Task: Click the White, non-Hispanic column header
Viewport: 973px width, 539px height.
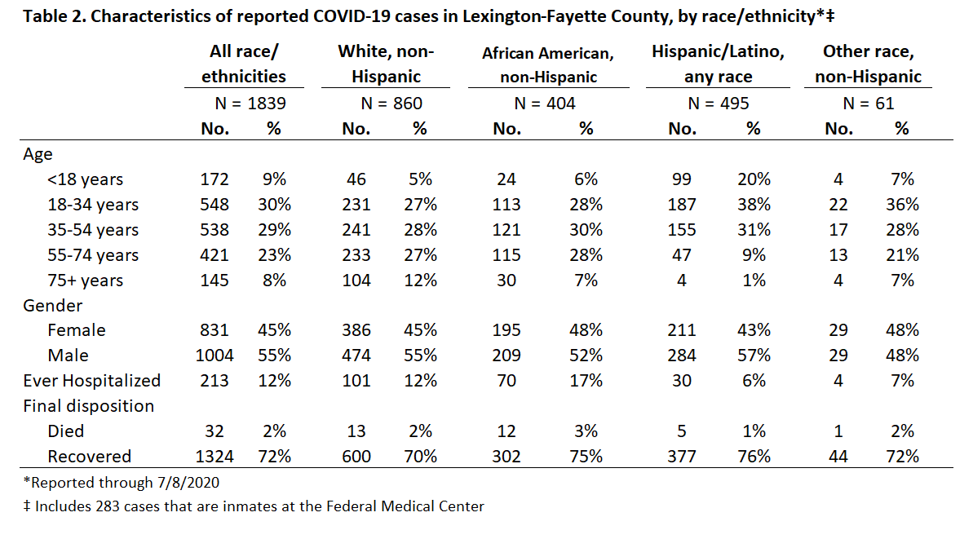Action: [385, 64]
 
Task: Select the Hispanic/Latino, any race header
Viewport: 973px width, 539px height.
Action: [718, 64]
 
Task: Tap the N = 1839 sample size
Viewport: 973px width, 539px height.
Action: [250, 103]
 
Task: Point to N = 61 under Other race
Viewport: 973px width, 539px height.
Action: [868, 103]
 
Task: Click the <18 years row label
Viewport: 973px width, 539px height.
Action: [85, 179]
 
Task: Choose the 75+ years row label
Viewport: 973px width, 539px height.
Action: [85, 281]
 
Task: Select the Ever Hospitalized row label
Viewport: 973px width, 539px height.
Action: [92, 380]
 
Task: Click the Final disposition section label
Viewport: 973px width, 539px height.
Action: [89, 405]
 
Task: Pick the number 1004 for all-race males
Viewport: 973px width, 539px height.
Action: [215, 356]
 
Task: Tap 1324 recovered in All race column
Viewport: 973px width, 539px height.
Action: [215, 457]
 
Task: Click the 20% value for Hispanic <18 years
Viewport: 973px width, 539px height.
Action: [754, 179]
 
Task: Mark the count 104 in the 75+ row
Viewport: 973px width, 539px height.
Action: [356, 281]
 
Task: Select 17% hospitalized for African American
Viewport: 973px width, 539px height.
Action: [586, 380]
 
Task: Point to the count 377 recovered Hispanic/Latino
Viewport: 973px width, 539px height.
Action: [681, 457]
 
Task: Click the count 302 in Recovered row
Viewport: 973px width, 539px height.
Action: [506, 457]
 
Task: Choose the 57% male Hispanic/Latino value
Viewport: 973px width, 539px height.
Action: [754, 356]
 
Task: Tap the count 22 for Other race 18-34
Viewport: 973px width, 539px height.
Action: [838, 205]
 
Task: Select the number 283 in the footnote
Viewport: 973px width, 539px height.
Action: [108, 506]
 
